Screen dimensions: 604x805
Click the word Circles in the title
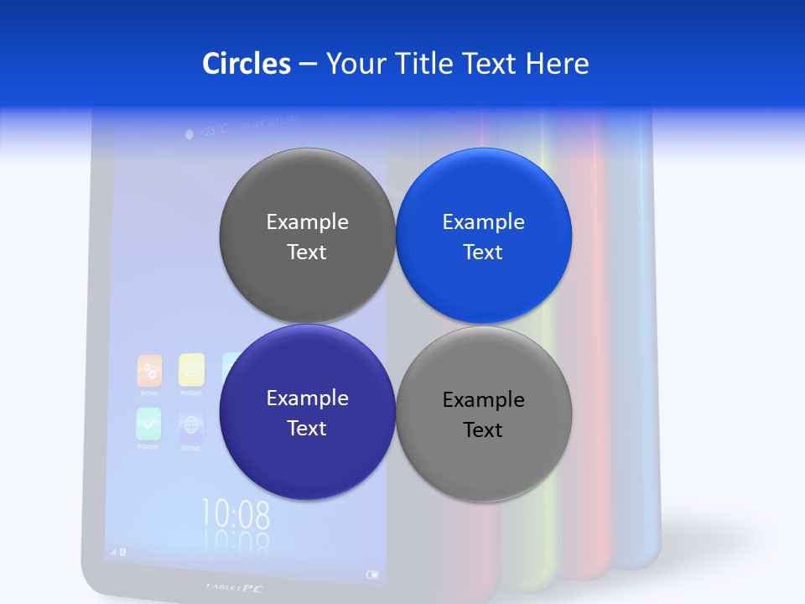pos(246,64)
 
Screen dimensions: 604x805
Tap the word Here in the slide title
pos(557,64)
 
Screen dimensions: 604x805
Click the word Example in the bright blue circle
pos(484,222)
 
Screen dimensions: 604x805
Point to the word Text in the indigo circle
pos(307,429)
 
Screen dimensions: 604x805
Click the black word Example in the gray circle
pos(484,400)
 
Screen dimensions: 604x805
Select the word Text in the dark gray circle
pos(307,253)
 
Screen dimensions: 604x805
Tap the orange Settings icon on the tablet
pos(149,370)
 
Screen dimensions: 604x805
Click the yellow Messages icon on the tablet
pos(191,369)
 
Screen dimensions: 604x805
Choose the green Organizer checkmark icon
pos(148,424)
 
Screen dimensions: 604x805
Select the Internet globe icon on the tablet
pos(191,426)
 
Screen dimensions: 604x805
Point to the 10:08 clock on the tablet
pos(236,513)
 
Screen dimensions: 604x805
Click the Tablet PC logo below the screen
pos(234,588)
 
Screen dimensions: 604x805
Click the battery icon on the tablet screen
pos(372,575)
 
